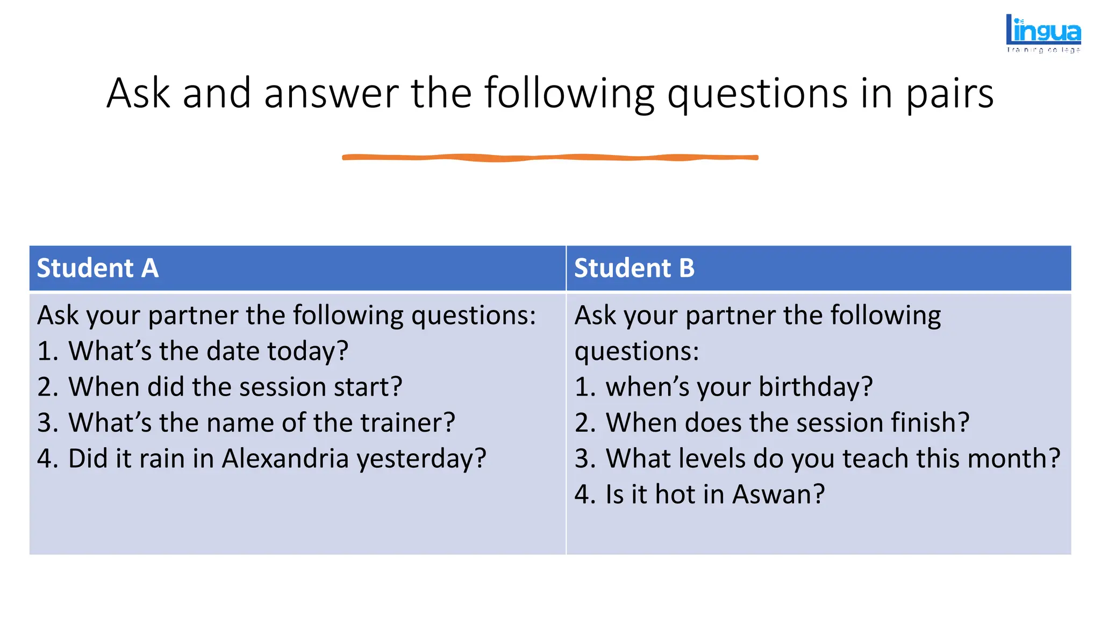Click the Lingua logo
1043,33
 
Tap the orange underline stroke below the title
550,157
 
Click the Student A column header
97,268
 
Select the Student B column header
634,268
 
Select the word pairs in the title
950,94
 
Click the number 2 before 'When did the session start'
47,387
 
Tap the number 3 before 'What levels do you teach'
584,459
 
